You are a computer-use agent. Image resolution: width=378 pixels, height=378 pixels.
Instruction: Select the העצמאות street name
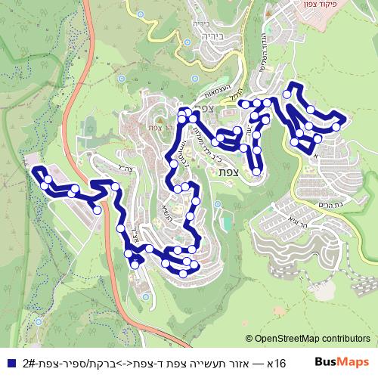tap(220, 92)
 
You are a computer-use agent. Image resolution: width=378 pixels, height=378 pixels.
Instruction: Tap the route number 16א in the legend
tap(277, 364)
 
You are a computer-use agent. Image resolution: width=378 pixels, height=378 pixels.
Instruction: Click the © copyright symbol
tap(249, 339)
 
